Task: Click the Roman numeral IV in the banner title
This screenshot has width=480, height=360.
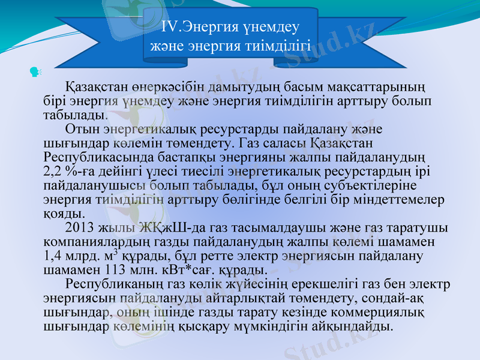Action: click(x=172, y=28)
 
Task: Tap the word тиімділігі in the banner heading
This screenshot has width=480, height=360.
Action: click(x=277, y=46)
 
